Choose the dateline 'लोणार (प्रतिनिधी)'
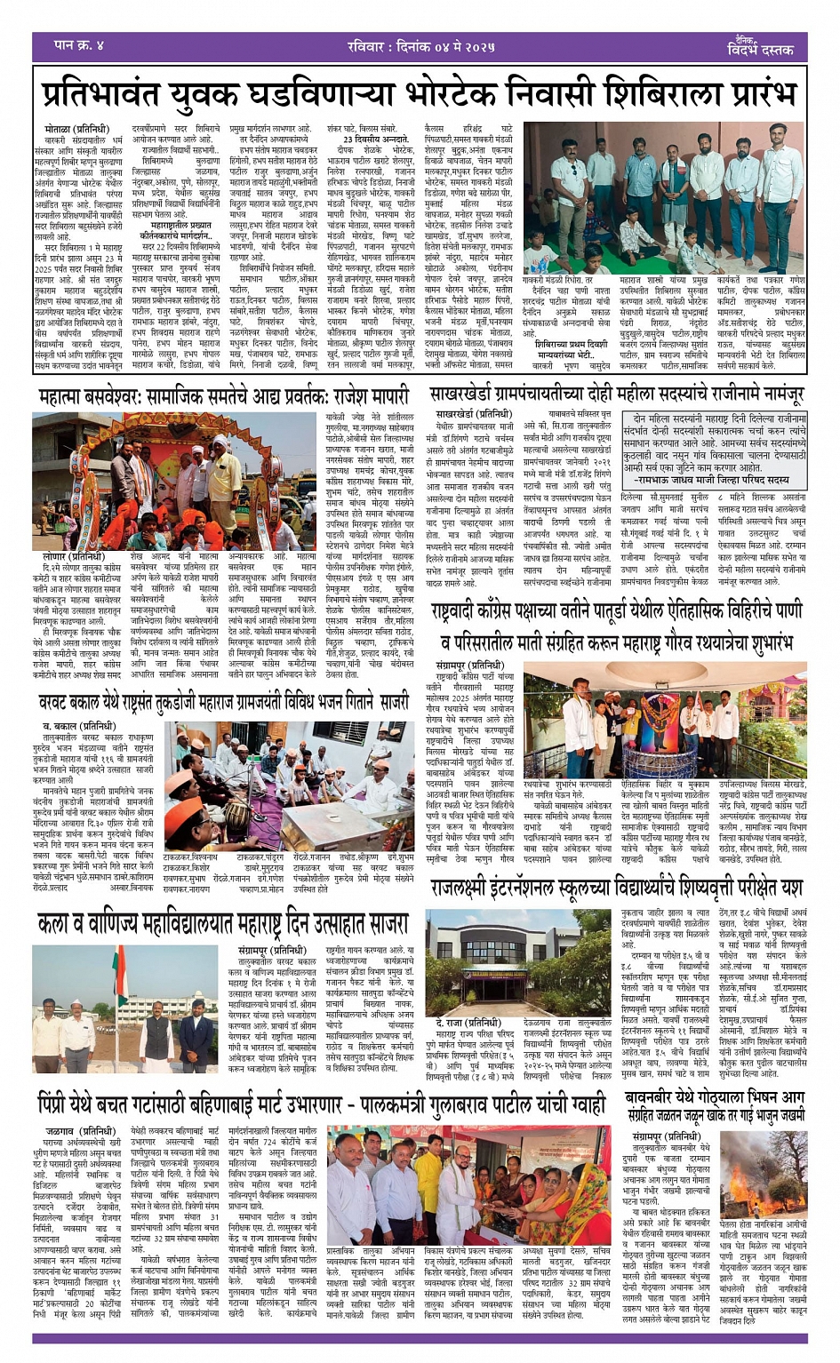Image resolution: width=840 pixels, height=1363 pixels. click(72, 556)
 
